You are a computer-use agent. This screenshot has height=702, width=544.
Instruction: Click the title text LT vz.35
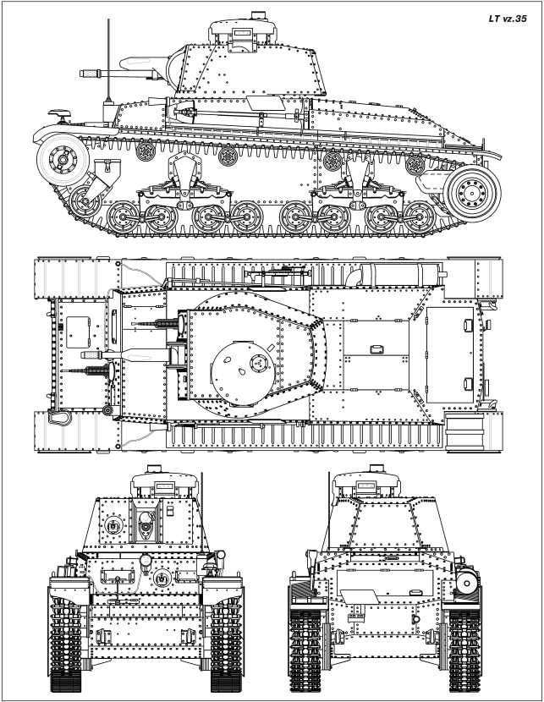pos(508,16)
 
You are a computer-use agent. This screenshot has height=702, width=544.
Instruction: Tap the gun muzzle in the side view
pos(87,74)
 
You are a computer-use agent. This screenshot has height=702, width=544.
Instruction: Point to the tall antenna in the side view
pos(107,59)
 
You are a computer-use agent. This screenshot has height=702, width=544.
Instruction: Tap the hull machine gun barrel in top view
pos(85,370)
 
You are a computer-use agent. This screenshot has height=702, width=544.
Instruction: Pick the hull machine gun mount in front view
pos(162,579)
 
